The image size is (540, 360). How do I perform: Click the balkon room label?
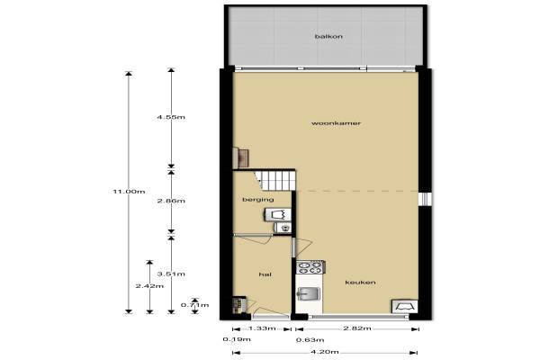tap(328, 36)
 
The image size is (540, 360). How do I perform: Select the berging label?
tap(258, 200)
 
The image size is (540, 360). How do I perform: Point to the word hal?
tap(265, 274)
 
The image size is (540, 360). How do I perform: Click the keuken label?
tap(360, 283)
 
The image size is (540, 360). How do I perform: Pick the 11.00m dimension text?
tap(129, 192)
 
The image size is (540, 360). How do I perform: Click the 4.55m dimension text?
tap(171, 117)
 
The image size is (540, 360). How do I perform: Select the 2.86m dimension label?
tap(171, 201)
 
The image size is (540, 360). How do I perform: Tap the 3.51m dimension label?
tap(171, 274)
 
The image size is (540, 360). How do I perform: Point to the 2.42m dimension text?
tap(149, 286)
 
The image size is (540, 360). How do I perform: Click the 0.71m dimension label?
tap(195, 305)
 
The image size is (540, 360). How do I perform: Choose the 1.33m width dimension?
tap(262, 328)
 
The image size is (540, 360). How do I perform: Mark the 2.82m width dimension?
tap(357, 328)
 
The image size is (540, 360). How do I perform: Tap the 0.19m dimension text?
tap(237, 339)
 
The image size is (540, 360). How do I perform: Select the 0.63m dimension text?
tap(310, 340)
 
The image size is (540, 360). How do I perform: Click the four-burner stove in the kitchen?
tap(310, 267)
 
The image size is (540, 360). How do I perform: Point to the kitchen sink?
tap(309, 294)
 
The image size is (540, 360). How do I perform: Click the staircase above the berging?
tap(274, 180)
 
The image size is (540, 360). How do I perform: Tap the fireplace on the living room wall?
tap(241, 157)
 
